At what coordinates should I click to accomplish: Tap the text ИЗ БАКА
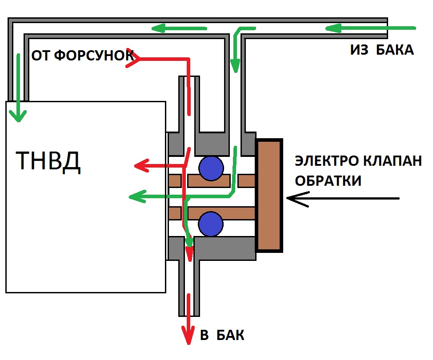(x=382, y=50)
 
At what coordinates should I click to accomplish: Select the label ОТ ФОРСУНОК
(x=83, y=56)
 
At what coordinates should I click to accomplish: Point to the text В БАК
(x=222, y=335)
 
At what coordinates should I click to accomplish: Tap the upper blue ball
(x=211, y=168)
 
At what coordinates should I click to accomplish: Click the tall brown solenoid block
(x=269, y=196)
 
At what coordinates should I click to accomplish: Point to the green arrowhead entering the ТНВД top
(x=18, y=116)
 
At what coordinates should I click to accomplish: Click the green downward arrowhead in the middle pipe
(x=235, y=67)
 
